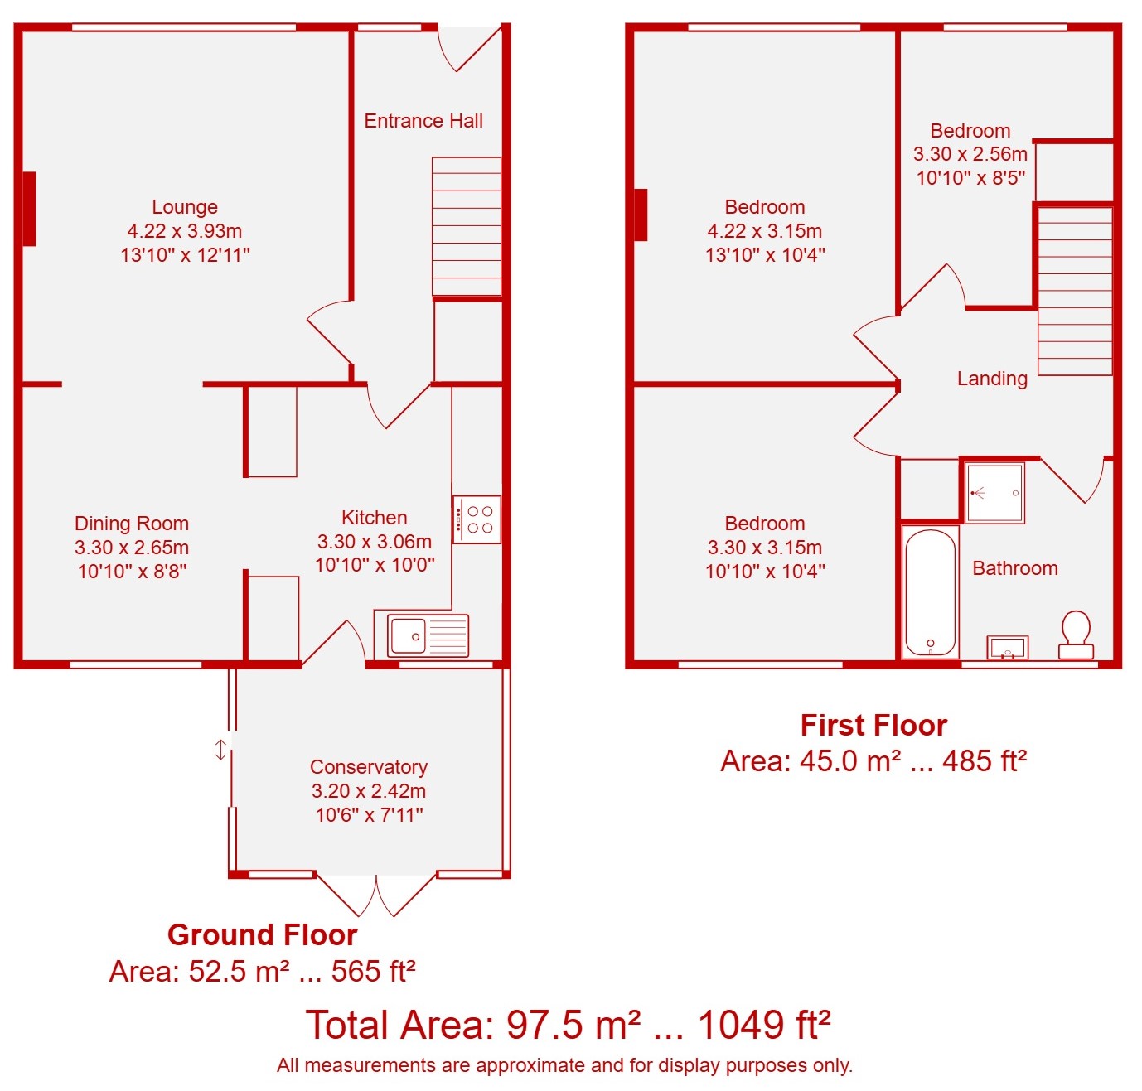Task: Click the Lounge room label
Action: point(185,207)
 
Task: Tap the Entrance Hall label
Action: point(423,121)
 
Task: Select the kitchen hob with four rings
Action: point(477,519)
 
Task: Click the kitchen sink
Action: point(428,635)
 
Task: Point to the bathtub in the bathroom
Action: point(930,592)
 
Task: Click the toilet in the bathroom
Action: point(1076,635)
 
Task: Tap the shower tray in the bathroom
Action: point(995,493)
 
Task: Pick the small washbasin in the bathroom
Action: point(1008,648)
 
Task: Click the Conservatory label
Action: point(369,767)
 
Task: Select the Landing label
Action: point(992,379)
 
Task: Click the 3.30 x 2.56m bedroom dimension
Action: point(970,154)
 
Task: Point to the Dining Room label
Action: point(132,524)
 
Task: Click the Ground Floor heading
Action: point(263,935)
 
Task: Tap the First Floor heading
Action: point(873,726)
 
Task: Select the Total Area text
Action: point(568,1026)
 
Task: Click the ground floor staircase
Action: point(467,226)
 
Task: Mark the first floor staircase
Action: point(1075,291)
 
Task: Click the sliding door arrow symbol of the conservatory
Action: point(220,750)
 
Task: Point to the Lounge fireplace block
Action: point(29,209)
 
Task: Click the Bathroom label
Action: point(1015,568)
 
